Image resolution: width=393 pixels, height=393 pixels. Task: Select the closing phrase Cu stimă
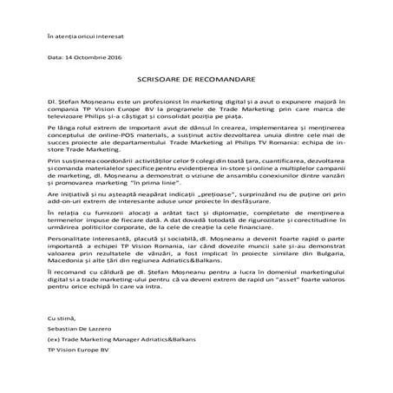click(62, 345)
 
